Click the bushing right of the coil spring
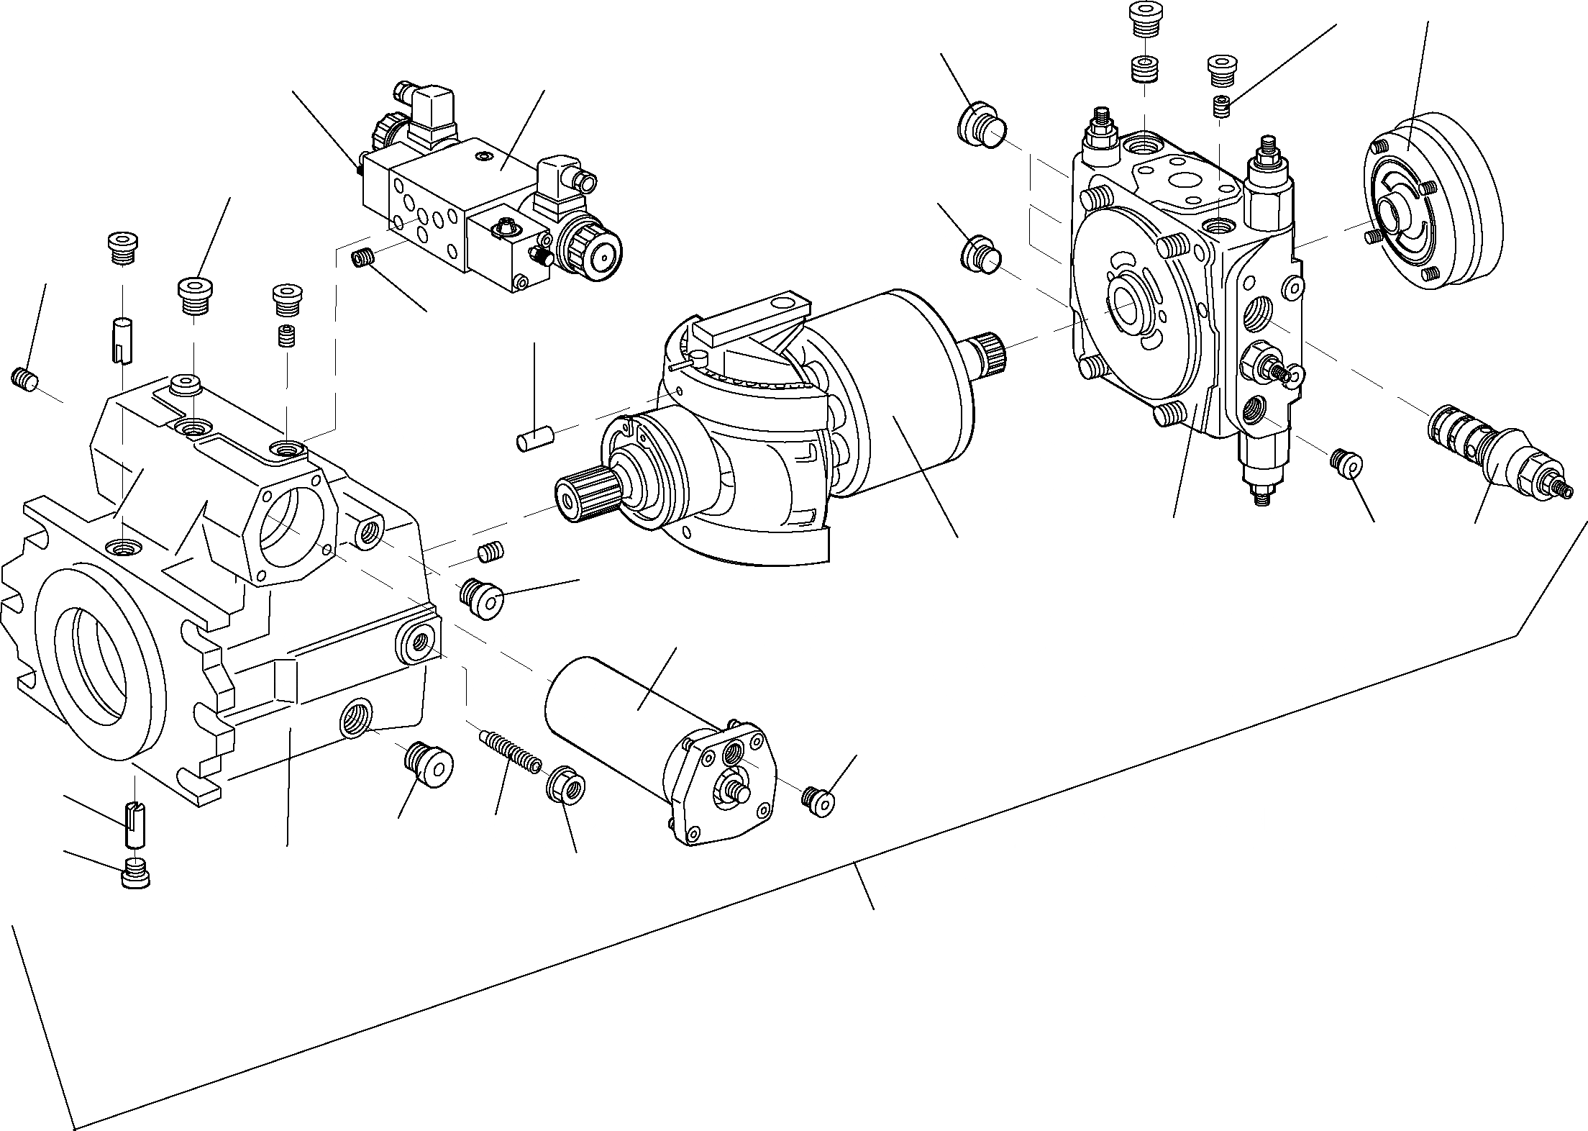pos(567,786)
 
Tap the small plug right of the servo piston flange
pos(817,801)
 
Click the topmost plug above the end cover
pos(1144,19)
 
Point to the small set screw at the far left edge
pos(24,379)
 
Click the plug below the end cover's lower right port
pos(1346,463)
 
